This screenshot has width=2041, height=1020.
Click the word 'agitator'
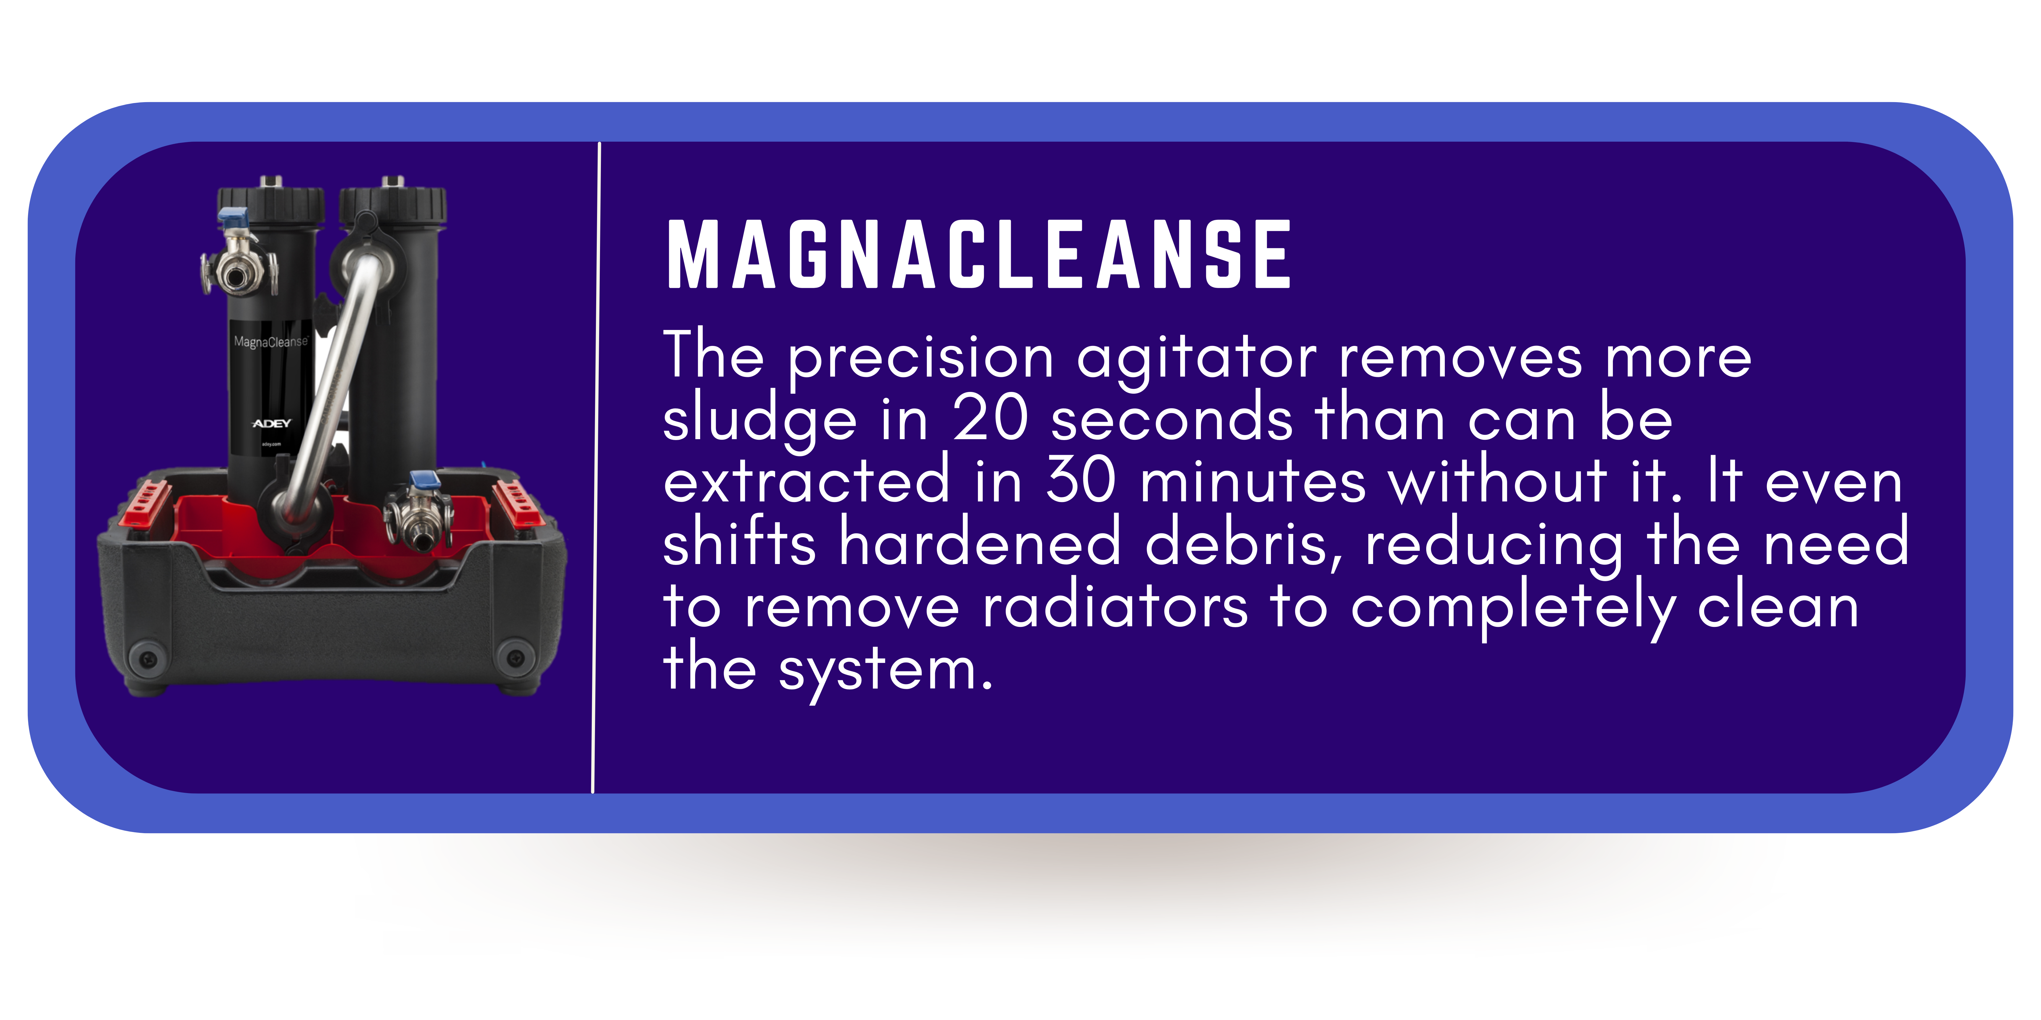pyautogui.click(x=1196, y=358)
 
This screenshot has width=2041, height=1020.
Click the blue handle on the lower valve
pyautogui.click(x=425, y=479)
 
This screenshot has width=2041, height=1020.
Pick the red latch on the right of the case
pyautogui.click(x=516, y=501)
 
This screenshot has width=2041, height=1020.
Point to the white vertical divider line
pyautogui.click(x=596, y=467)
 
